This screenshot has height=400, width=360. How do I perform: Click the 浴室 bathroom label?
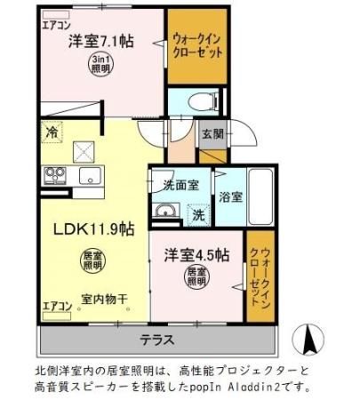coord(229,195)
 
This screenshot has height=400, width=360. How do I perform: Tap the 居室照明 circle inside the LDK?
coord(92,260)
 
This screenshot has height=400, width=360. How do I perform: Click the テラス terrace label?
coord(156,339)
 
